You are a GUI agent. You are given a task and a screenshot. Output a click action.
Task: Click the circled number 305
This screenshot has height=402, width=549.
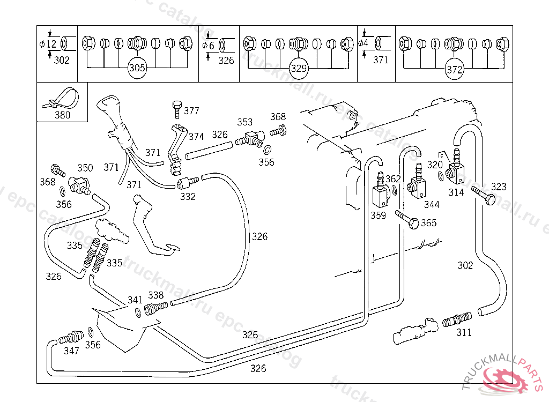coord(137,68)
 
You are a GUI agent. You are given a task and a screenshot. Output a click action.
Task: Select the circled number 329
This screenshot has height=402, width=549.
coord(298,68)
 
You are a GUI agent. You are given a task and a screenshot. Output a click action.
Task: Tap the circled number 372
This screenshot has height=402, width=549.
coord(454,69)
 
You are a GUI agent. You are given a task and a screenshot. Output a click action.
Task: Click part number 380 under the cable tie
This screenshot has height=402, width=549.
coord(62,115)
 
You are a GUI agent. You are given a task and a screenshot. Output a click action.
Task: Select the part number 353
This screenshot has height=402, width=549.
coord(245,122)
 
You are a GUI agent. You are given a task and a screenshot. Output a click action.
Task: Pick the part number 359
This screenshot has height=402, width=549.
coord(379,215)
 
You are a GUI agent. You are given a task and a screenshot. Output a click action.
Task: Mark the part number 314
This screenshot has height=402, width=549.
coord(456,192)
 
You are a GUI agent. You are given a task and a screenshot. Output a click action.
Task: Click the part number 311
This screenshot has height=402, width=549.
coord(464,332)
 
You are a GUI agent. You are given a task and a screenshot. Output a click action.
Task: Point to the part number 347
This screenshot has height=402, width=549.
coord(71,351)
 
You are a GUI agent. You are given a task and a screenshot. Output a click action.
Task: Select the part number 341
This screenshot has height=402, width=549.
coord(135,300)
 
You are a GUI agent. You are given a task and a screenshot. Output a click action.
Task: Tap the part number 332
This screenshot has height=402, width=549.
coord(188,196)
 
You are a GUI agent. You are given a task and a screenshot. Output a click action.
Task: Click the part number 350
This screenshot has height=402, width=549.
coord(85,168)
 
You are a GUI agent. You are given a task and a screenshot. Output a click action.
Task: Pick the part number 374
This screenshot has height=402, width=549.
coord(196,137)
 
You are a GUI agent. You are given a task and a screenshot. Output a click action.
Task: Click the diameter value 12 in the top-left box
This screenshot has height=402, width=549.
coord(51,44)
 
